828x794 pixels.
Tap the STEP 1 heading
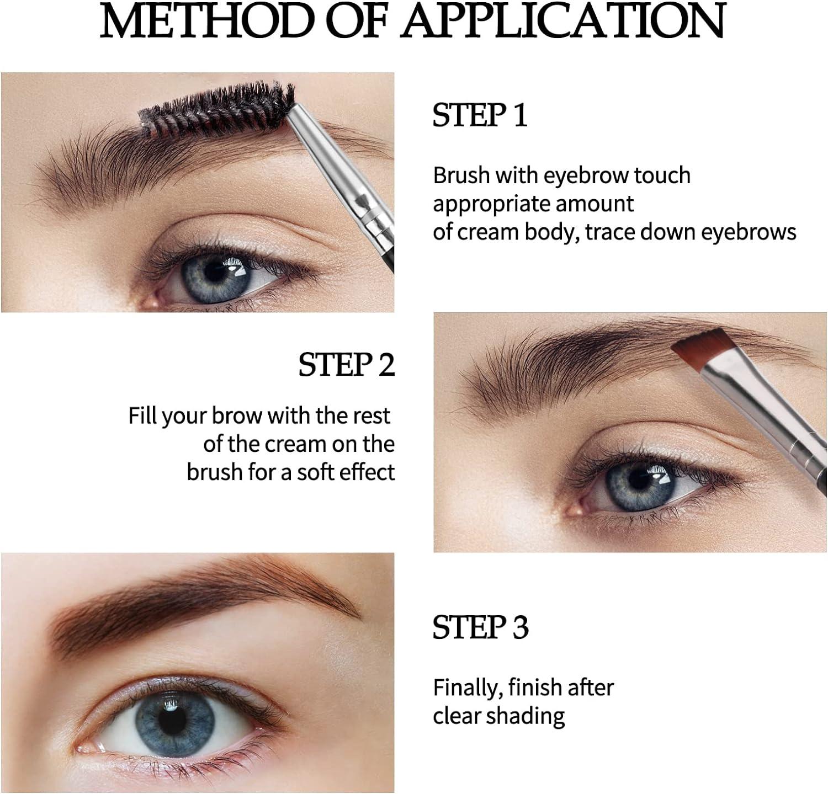480,115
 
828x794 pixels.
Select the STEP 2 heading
347,365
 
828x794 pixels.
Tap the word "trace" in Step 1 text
610,232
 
